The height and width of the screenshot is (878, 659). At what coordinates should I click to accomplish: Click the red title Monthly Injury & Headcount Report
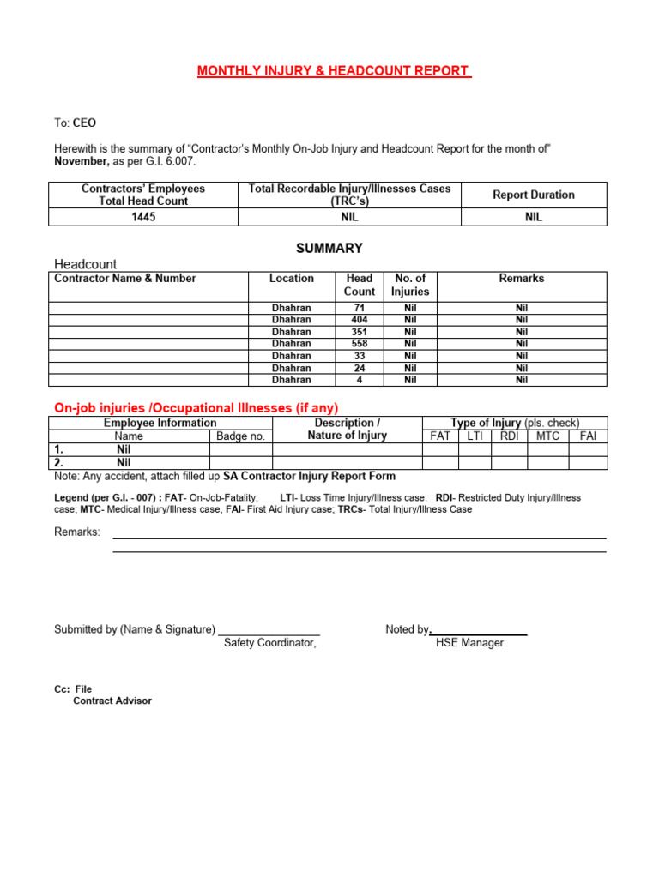(335, 71)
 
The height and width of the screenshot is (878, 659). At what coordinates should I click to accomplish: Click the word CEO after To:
(84, 123)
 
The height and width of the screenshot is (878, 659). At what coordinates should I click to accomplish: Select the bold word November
(82, 161)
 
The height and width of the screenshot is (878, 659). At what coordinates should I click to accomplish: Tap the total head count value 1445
(144, 217)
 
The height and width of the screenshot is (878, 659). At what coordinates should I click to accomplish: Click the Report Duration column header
(534, 195)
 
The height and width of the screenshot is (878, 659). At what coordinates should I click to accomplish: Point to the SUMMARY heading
(329, 248)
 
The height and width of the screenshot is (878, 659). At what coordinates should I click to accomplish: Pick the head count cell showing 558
(359, 344)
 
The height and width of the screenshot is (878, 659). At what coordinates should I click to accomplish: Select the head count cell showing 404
(359, 320)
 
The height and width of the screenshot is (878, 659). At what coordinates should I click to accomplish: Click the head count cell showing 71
(359, 308)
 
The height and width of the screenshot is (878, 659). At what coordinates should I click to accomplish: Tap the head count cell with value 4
(359, 380)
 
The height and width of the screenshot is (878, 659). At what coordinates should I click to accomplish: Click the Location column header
(292, 279)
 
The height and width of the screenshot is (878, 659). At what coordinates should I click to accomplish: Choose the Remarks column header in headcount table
(522, 279)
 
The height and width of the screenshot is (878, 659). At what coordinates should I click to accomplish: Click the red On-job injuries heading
(196, 407)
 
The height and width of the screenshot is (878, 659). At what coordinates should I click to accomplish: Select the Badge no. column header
(240, 436)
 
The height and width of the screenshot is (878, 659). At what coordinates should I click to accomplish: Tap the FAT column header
(439, 436)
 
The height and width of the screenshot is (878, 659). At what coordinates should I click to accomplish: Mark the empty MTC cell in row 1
(547, 449)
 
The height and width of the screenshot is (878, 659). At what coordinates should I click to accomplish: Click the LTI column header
(475, 436)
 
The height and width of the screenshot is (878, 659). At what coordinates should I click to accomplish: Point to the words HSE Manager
(469, 643)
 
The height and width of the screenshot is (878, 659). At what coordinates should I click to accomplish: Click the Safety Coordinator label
(270, 643)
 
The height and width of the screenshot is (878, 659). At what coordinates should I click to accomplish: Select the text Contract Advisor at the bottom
(112, 701)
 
